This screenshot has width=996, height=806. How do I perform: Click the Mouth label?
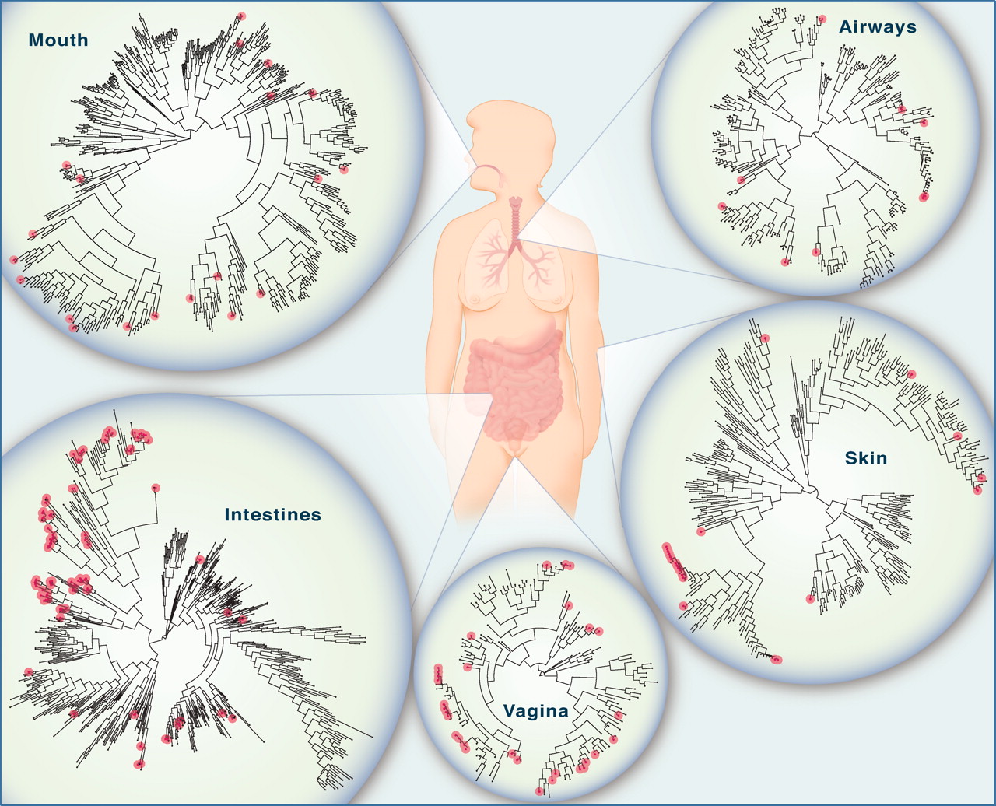tap(58, 40)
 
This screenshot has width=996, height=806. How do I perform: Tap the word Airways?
tap(878, 27)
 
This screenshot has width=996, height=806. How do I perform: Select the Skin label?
tap(866, 458)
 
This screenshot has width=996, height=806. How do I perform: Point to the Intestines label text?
tap(272, 515)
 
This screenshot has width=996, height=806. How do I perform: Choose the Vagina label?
tap(536, 711)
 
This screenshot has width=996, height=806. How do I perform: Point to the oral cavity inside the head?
tap(486, 175)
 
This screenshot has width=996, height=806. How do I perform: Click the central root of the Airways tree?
tap(812, 135)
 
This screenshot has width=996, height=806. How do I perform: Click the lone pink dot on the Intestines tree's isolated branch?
tap(156, 488)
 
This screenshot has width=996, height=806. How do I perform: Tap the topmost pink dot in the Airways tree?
tap(822, 19)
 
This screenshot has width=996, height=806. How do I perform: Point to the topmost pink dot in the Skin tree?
tap(765, 338)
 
